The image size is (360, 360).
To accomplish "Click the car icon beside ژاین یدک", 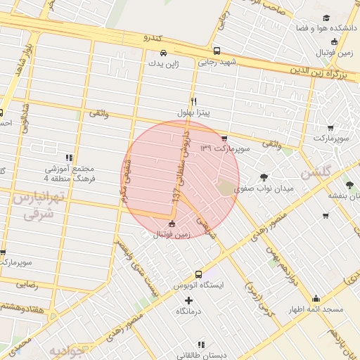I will point(164,53).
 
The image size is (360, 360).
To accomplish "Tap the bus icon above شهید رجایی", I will point(217,51).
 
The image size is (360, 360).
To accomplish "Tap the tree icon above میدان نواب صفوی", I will point(264,177).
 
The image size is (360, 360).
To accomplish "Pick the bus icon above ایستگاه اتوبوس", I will point(198,274).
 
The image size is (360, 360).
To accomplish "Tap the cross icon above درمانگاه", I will point(188,300).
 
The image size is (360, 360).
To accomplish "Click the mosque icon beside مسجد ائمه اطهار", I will point(316,298).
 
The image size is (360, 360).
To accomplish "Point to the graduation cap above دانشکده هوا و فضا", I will point(326,19).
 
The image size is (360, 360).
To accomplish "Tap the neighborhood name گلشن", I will point(314,173).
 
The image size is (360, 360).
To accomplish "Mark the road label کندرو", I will point(152,37).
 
